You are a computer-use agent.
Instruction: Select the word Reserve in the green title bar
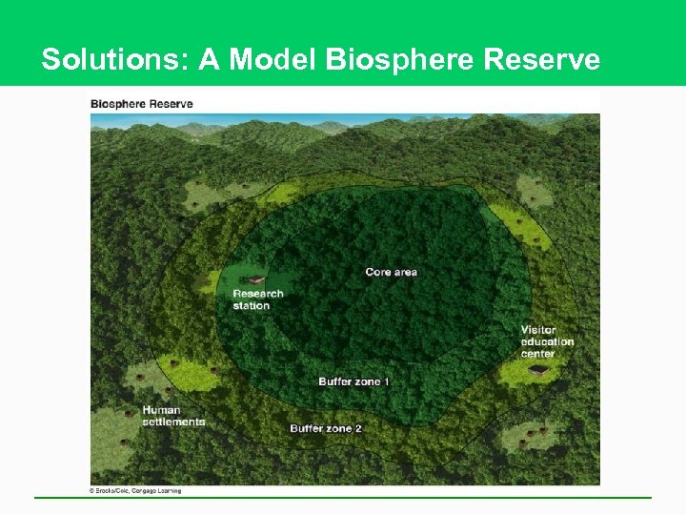[x=541, y=60]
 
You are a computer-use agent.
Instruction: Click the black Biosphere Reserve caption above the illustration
[x=141, y=104]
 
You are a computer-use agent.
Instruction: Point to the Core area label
[x=391, y=272]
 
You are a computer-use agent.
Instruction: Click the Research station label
[x=257, y=299]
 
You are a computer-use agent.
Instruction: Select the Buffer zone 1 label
[x=353, y=381]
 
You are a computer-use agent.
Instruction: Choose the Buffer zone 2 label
[x=326, y=428]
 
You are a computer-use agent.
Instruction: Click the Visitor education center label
[x=547, y=341]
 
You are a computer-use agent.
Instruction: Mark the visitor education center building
[x=540, y=368]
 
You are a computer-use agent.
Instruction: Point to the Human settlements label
[x=173, y=416]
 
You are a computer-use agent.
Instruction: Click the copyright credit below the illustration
[x=135, y=491]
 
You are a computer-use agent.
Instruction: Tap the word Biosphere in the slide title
[x=401, y=60]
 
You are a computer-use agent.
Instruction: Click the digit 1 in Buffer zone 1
[x=386, y=381]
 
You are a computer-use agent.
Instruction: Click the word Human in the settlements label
[x=161, y=410]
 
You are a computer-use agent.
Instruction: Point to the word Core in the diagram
[x=377, y=272]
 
